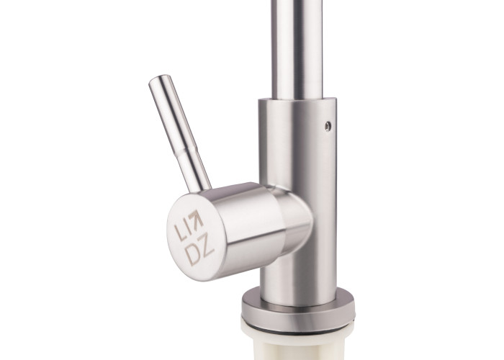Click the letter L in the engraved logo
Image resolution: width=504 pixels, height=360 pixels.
(x=179, y=232)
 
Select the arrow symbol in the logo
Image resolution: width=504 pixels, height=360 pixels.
(x=196, y=218)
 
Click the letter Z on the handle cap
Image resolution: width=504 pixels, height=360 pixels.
(x=207, y=247)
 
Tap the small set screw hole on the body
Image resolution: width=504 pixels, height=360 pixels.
(x=328, y=126)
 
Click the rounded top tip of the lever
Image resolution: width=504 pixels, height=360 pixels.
(x=159, y=79)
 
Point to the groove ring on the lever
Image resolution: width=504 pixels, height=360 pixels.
(x=188, y=148)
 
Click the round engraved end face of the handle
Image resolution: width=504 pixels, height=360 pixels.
(x=195, y=238)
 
